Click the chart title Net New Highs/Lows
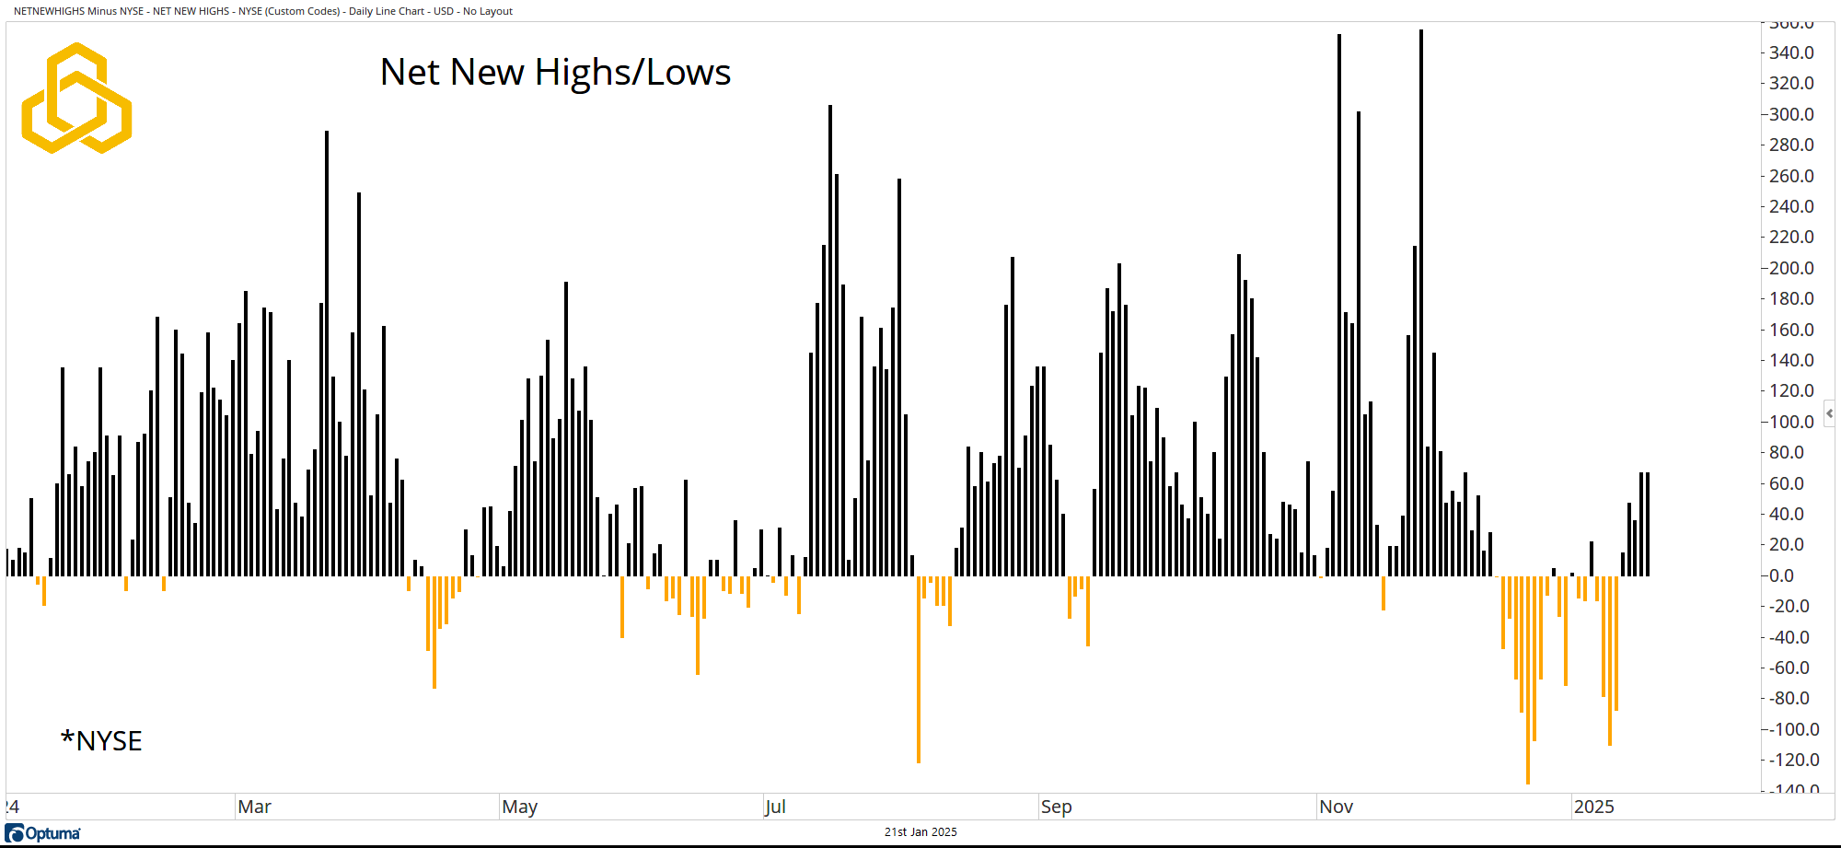(555, 72)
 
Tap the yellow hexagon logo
(76, 98)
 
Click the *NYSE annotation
(101, 741)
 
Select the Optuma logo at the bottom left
(43, 833)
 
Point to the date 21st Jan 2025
(920, 832)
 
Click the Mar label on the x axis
(254, 807)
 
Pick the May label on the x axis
(519, 807)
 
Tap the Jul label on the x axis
(775, 807)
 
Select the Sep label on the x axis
(1056, 807)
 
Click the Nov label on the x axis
(1336, 807)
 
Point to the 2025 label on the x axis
(1593, 807)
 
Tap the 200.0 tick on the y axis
(1790, 268)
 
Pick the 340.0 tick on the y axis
(1790, 52)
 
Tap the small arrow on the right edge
(1830, 413)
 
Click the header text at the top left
(263, 11)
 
